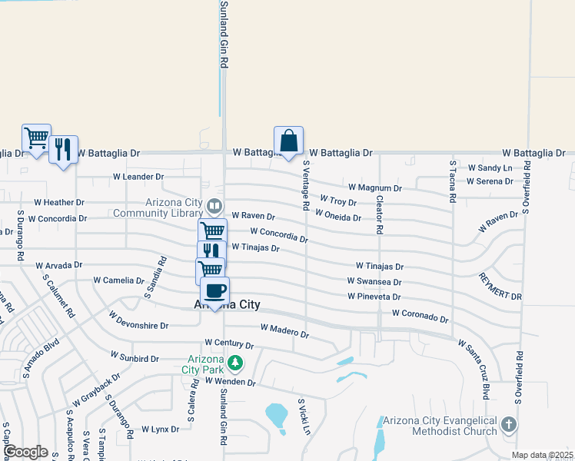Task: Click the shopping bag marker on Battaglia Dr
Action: coord(288,141)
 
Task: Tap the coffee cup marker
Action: coord(214,290)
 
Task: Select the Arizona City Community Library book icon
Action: coord(214,206)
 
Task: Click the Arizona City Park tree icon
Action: coord(237,363)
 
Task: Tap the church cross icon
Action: coord(508,425)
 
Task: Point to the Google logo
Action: coord(25,452)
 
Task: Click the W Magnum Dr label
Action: coord(374,187)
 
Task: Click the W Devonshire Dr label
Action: coord(138,320)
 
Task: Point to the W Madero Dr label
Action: coord(284,331)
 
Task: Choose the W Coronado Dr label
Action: coord(420,314)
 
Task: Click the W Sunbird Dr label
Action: coord(135,357)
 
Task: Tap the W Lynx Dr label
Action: coord(160,429)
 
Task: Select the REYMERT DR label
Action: coord(500,286)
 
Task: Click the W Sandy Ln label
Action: coord(489,167)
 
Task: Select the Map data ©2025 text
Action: coord(542,455)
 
